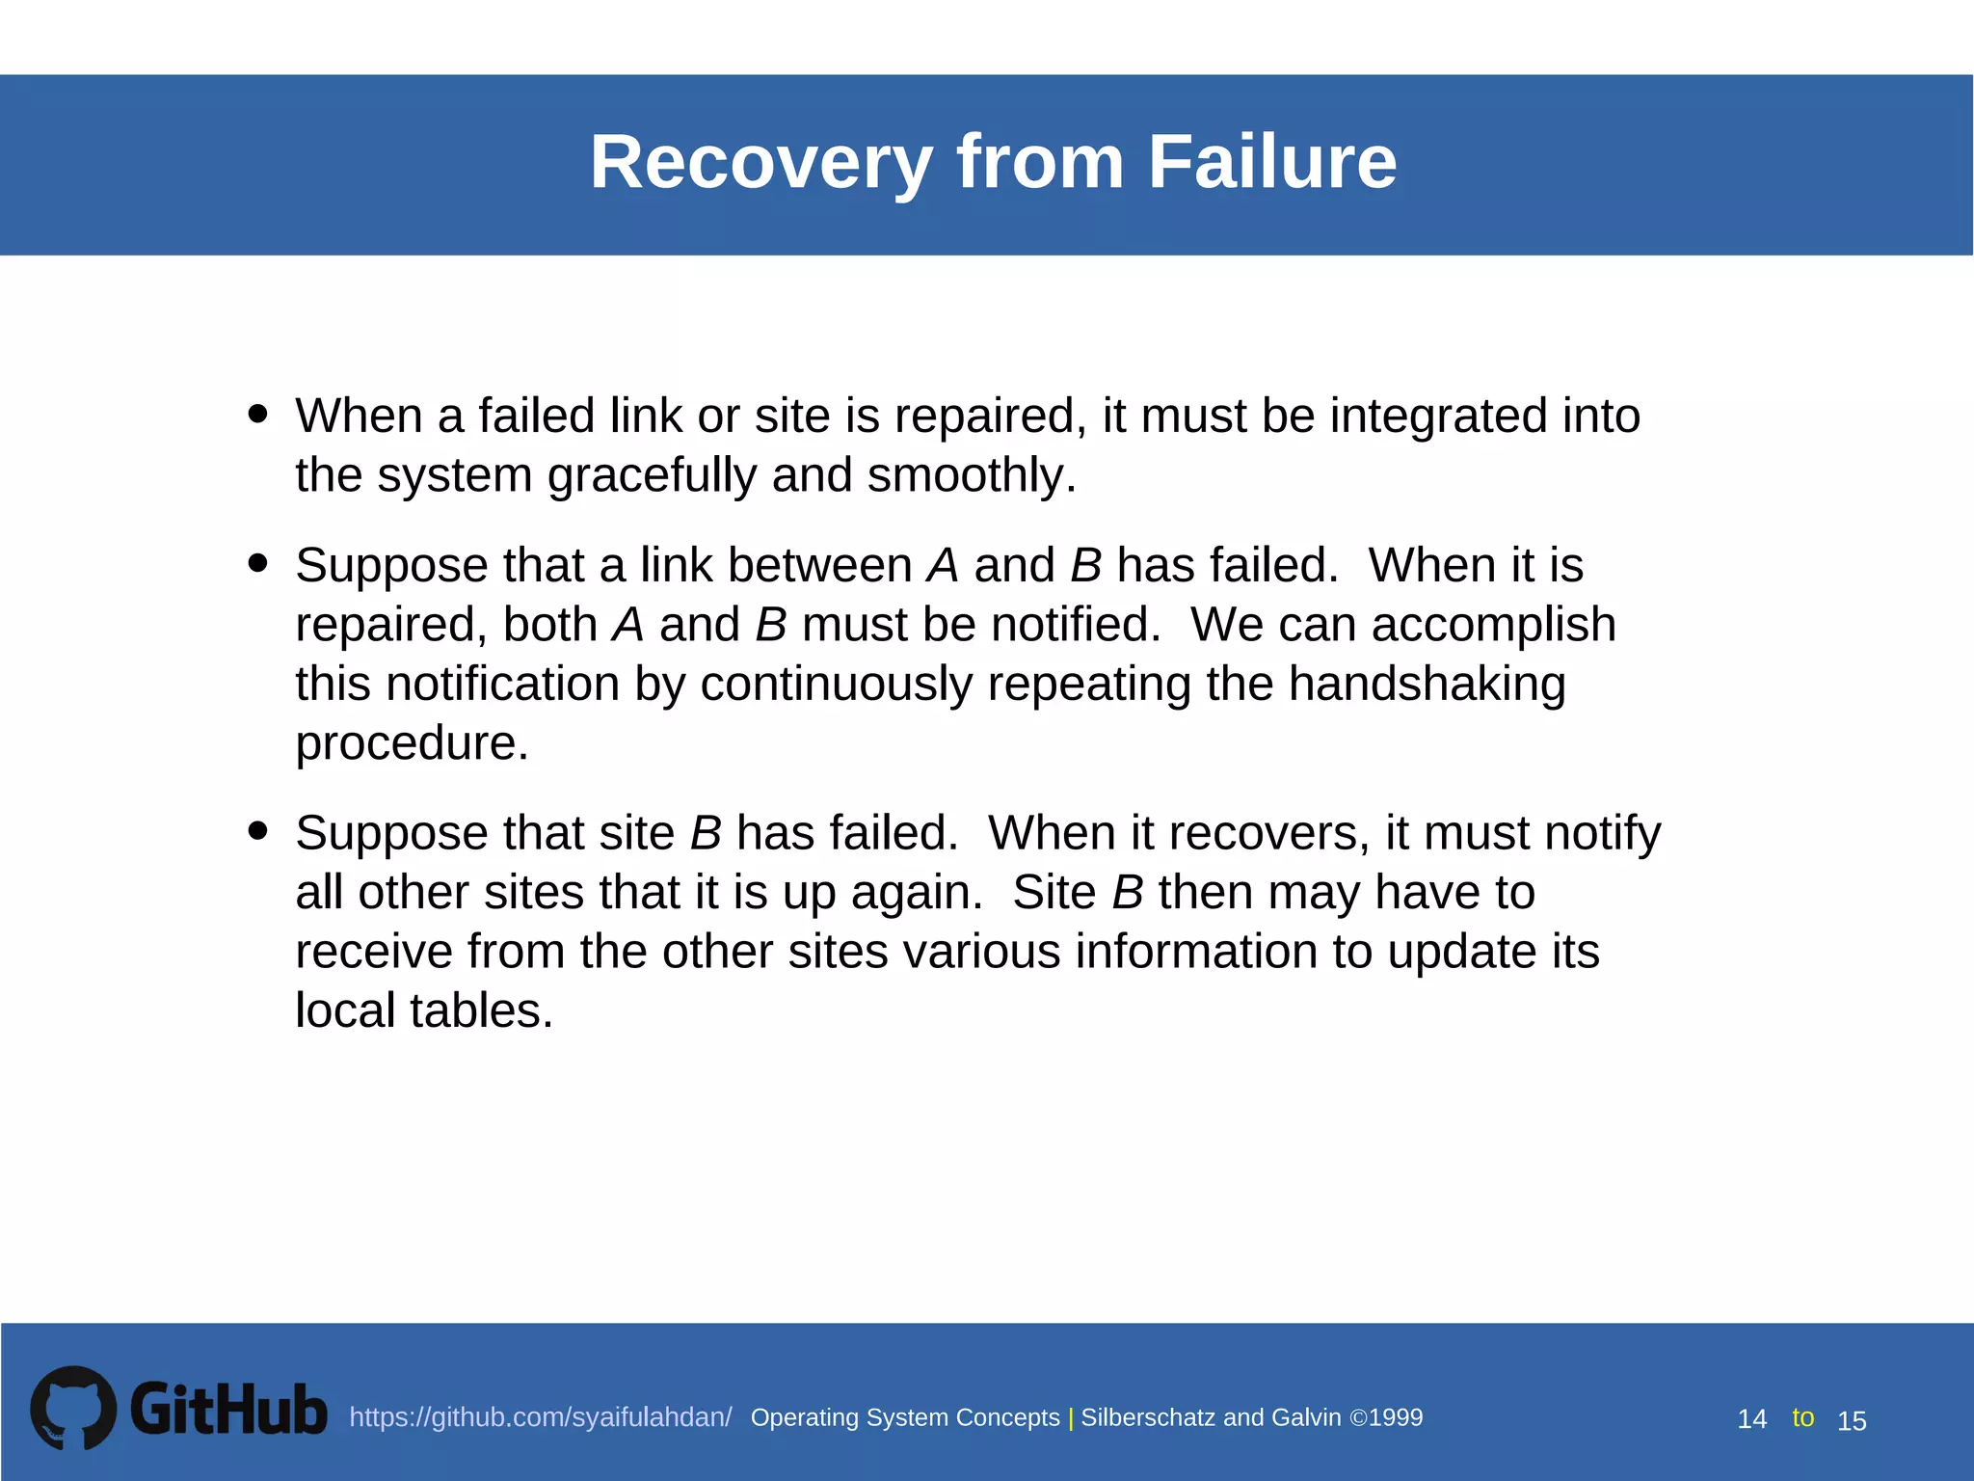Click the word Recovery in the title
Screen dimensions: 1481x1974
(761, 162)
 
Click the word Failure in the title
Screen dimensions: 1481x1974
(1271, 162)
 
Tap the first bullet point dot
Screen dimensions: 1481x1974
(257, 414)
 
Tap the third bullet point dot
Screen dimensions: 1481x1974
(257, 830)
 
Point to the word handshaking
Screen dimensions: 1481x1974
(1427, 685)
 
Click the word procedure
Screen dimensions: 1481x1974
(412, 744)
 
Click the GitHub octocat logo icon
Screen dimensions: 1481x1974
(73, 1408)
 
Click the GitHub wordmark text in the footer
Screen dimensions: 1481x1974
(228, 1410)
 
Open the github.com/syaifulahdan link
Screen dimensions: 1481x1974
(540, 1417)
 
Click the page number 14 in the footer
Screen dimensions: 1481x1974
(1751, 1419)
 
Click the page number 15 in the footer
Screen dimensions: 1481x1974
(1852, 1421)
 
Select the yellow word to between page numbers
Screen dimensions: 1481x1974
(1802, 1417)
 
